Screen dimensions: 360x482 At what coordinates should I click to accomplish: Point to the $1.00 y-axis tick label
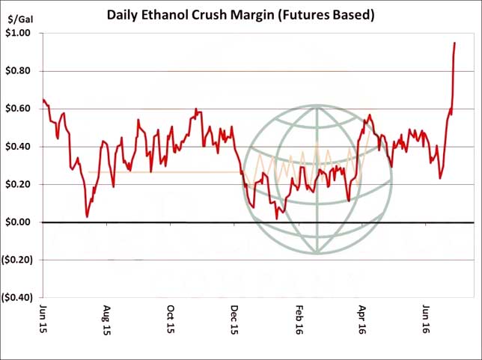pyautogui.click(x=20, y=34)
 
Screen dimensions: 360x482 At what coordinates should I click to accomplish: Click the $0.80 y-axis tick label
pyautogui.click(x=20, y=71)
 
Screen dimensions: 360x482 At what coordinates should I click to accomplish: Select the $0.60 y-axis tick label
pyautogui.click(x=20, y=109)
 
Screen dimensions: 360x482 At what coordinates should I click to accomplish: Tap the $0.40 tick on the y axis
pyautogui.click(x=20, y=147)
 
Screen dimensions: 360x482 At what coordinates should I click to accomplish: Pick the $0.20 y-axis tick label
pyautogui.click(x=20, y=184)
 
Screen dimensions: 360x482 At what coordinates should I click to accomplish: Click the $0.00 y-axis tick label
pyautogui.click(x=20, y=222)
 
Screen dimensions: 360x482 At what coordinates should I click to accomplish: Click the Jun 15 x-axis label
pyautogui.click(x=43, y=317)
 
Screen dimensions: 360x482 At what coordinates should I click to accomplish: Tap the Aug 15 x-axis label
pyautogui.click(x=107, y=317)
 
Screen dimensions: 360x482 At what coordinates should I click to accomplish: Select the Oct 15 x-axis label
pyautogui.click(x=171, y=317)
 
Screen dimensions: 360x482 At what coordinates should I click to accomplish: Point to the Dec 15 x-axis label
pyautogui.click(x=234, y=317)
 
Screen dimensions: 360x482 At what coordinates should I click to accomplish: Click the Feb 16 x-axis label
pyautogui.click(x=299, y=317)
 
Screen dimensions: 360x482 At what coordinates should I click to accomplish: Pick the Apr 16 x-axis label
pyautogui.click(x=362, y=317)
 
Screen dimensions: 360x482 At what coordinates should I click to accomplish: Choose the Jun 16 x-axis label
pyautogui.click(x=426, y=317)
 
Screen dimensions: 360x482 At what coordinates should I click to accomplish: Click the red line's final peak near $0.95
pyautogui.click(x=454, y=43)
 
